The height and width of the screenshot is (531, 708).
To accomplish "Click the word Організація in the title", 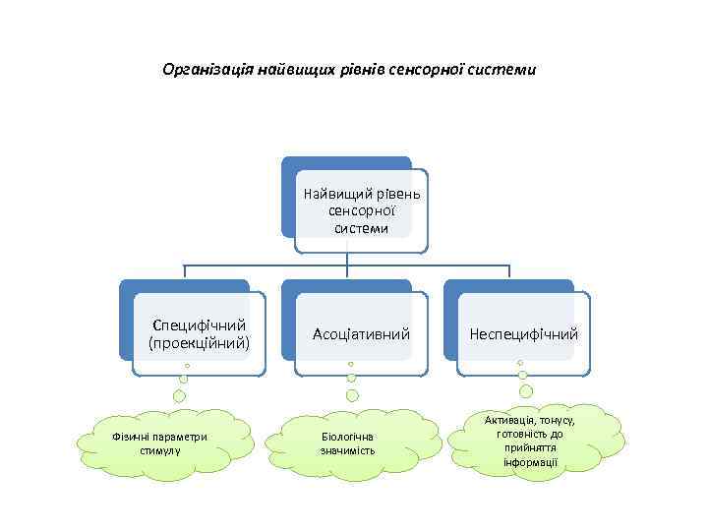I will click(206, 71).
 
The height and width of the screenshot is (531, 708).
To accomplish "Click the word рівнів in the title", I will click(358, 71).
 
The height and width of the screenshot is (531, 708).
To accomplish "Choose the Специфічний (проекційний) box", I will click(199, 334).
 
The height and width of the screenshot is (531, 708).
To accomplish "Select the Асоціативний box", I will click(360, 334).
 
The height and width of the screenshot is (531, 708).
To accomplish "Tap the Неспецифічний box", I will click(523, 334).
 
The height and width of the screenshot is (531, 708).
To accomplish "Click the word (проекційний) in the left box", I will click(200, 344).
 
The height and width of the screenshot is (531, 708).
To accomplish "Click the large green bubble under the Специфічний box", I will click(180, 397).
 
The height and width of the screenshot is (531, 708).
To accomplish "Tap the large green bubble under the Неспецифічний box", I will click(525, 377).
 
